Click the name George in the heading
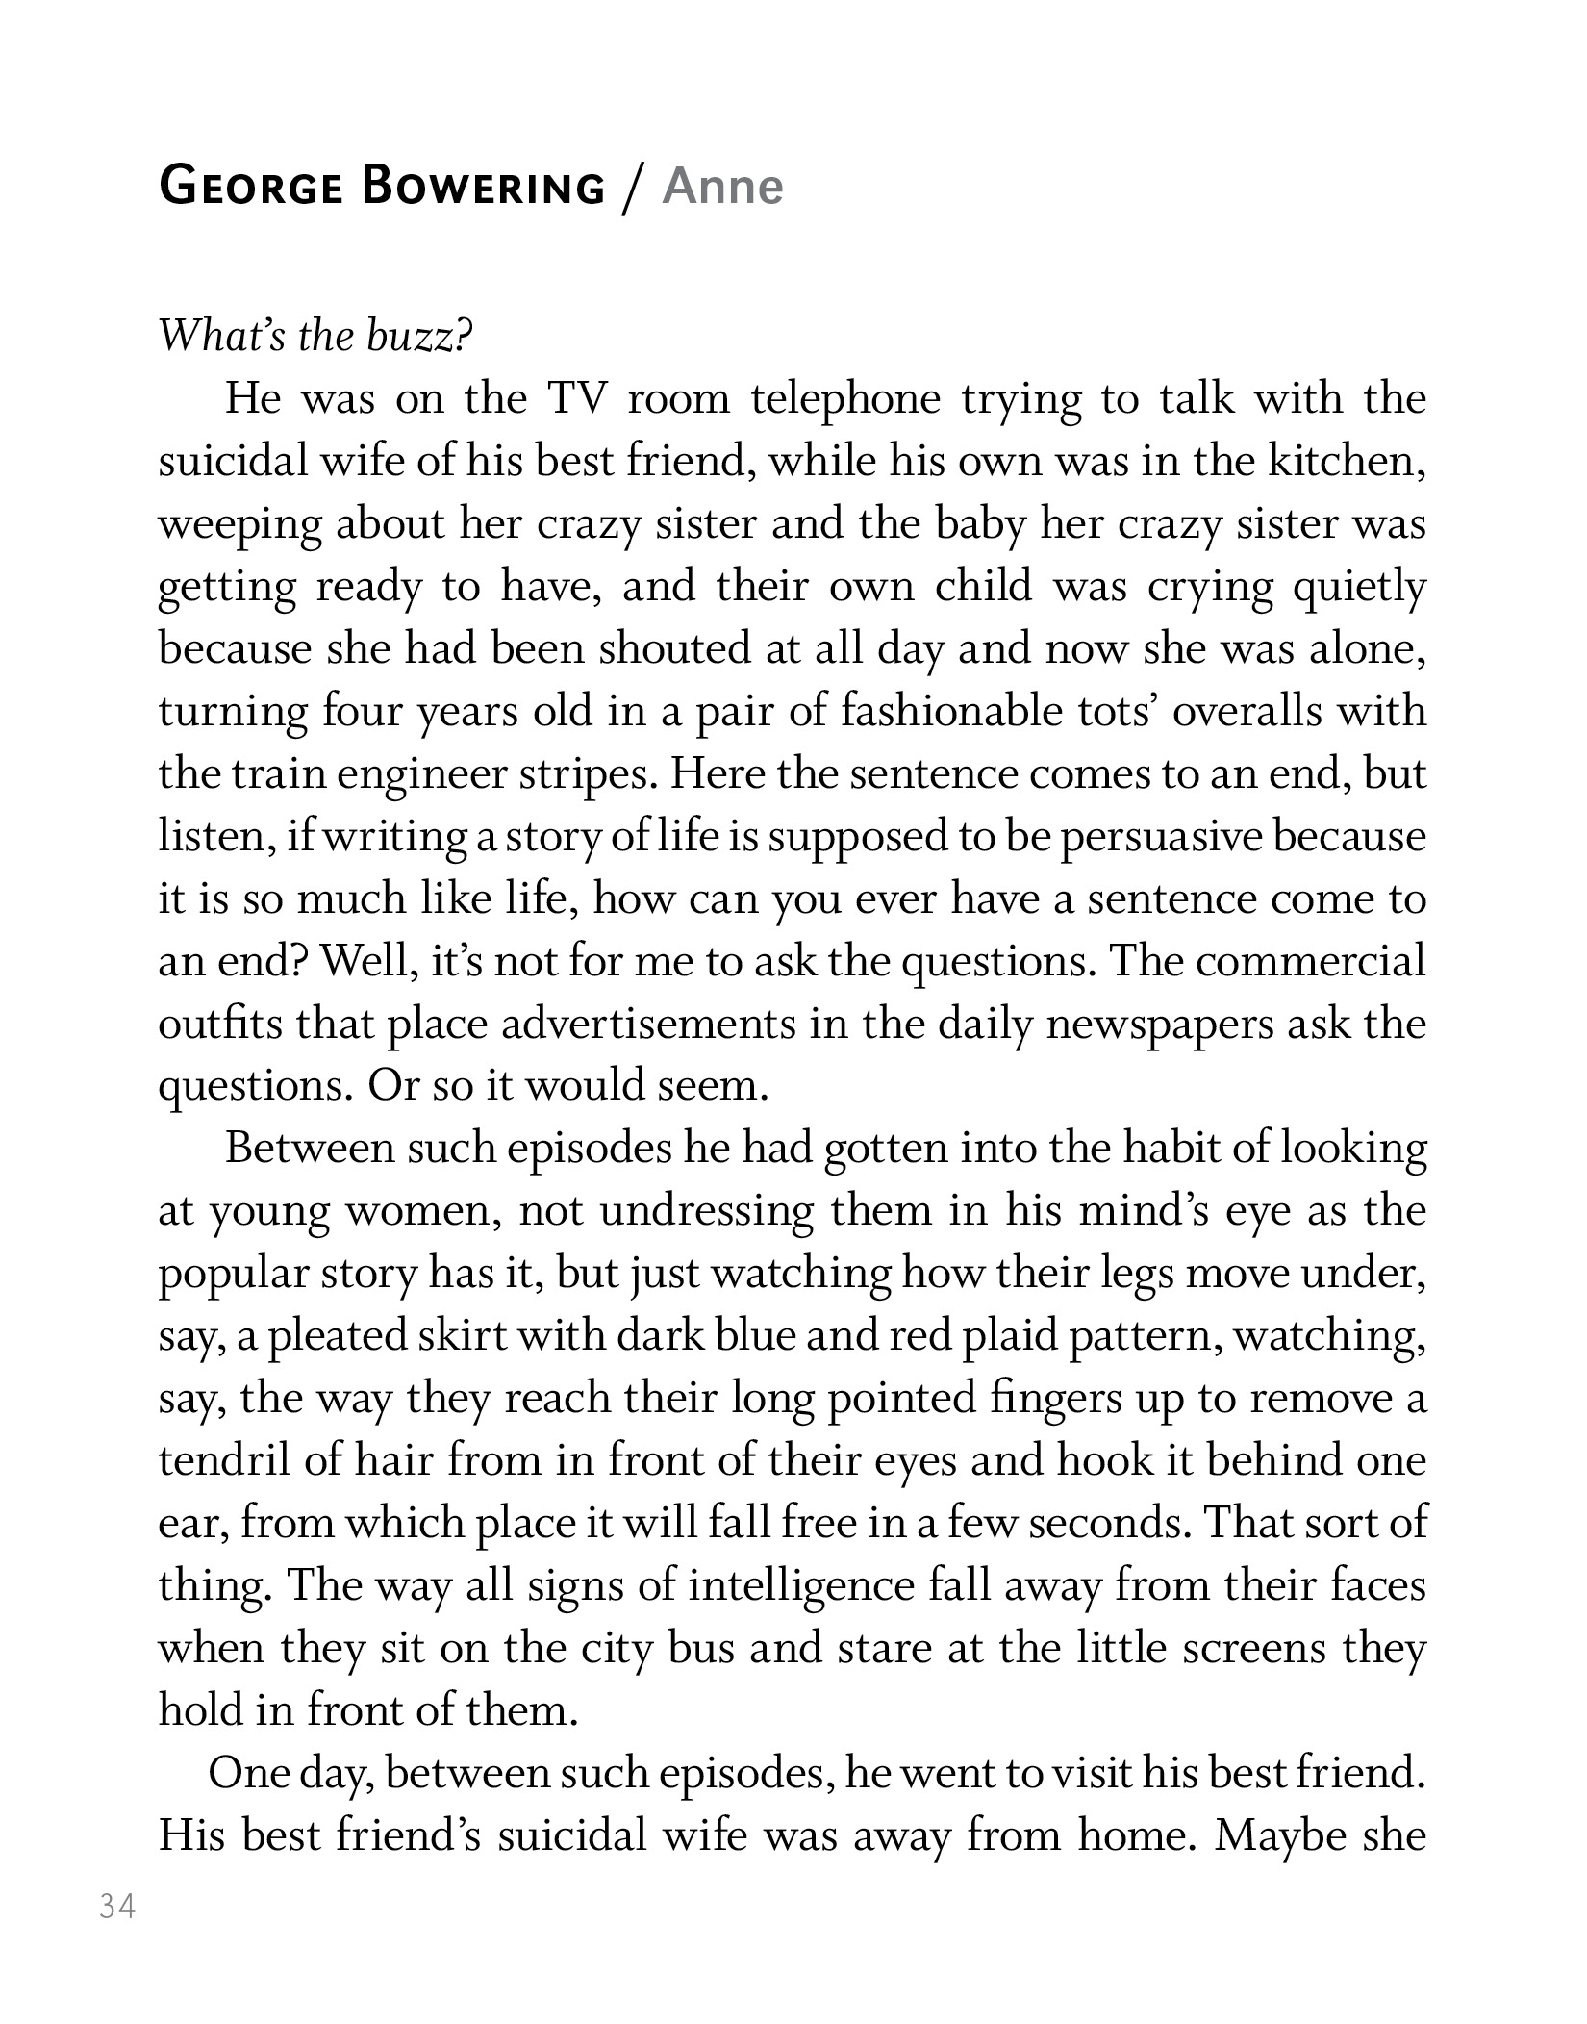coord(250,186)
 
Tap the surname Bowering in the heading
coord(483,186)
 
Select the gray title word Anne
coord(722,186)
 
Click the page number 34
coord(117,1906)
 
